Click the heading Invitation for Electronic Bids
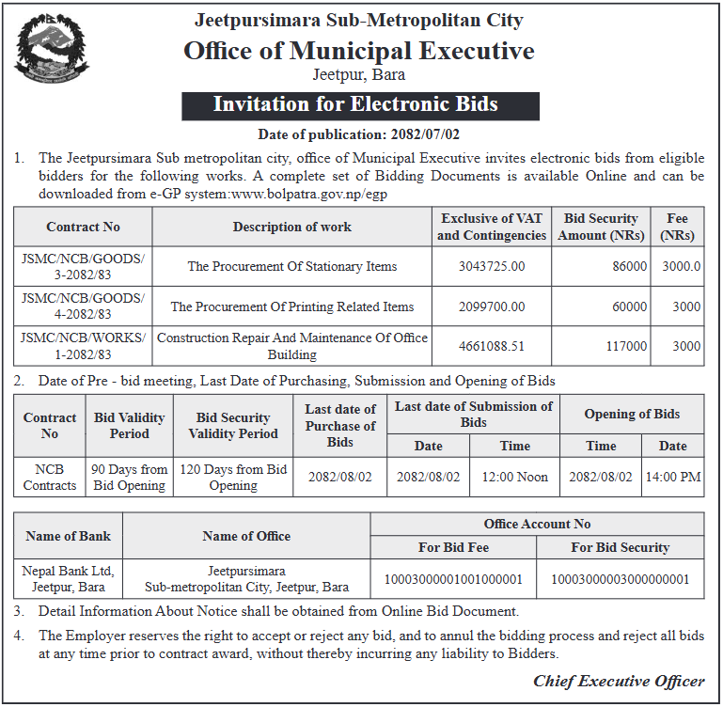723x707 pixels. (x=360, y=104)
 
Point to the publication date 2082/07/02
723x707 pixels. (x=417, y=134)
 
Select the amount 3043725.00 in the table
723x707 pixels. (x=491, y=266)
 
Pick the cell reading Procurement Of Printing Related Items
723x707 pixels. (x=291, y=306)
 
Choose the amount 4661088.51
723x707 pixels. (x=491, y=346)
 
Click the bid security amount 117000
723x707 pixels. (x=626, y=346)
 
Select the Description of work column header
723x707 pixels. (x=291, y=227)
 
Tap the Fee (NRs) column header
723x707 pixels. (x=677, y=227)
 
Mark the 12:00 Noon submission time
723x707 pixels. (x=514, y=477)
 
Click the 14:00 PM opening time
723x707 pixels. (x=672, y=477)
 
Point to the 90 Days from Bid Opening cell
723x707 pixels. (x=129, y=477)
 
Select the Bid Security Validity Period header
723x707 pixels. (x=233, y=426)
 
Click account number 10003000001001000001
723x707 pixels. (x=453, y=579)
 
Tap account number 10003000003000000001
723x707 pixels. (x=620, y=579)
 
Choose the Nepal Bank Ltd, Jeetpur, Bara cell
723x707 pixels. (x=68, y=579)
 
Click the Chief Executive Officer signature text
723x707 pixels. (x=619, y=681)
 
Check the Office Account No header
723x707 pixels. (x=537, y=524)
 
